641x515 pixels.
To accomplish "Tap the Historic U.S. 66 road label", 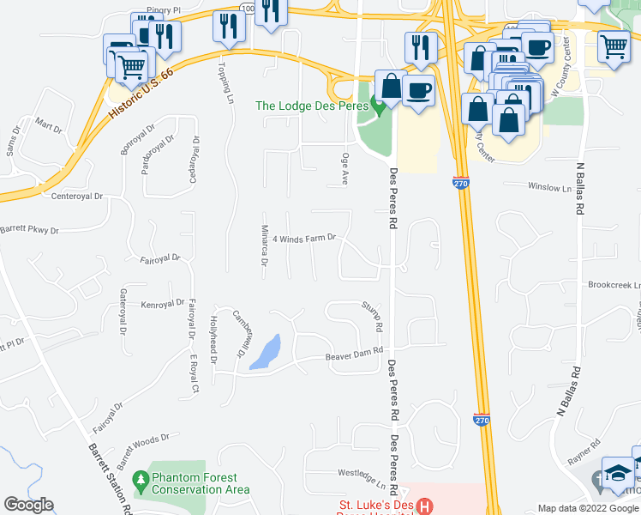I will (x=141, y=94).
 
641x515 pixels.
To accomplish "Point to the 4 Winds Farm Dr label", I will (x=308, y=238).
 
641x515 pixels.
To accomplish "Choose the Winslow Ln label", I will (x=548, y=186).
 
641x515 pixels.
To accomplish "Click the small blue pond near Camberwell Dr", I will (x=267, y=352).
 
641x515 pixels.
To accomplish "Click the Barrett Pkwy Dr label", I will (x=30, y=230).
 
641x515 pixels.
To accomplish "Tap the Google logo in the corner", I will (x=28, y=505).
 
